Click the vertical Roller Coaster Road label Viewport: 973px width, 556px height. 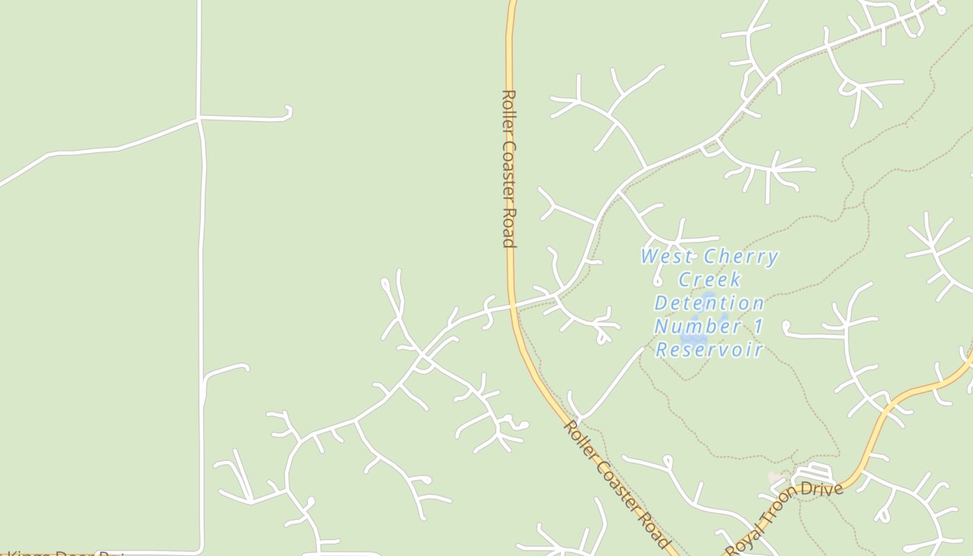(x=509, y=168)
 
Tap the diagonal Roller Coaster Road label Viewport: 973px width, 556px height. (x=615, y=482)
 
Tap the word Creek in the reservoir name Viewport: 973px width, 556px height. (x=710, y=280)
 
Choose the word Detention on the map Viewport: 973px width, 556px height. (x=710, y=303)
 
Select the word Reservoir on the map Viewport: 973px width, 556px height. (x=710, y=349)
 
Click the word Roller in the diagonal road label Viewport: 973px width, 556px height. (x=579, y=436)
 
